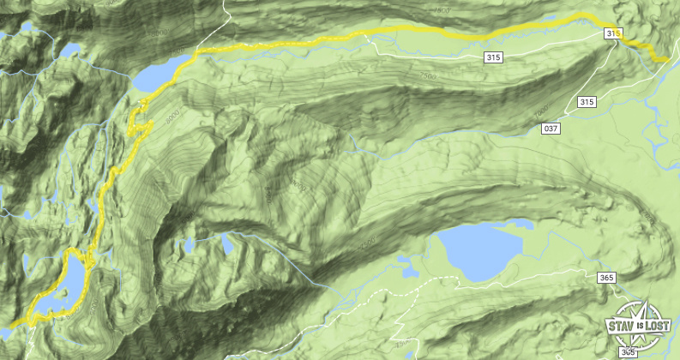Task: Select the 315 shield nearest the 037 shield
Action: click(587, 102)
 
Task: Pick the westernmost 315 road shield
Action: click(492, 57)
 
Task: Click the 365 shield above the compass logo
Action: click(606, 278)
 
